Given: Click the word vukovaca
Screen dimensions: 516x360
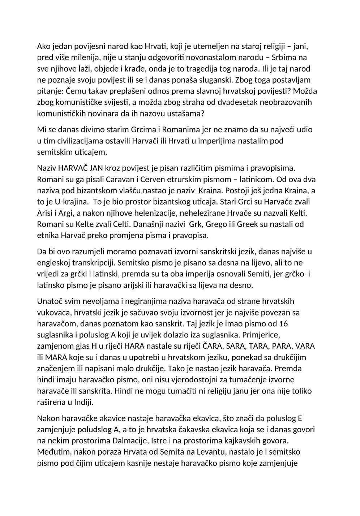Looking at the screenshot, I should pos(53,312).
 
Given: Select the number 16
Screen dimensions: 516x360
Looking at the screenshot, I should pos(284,323).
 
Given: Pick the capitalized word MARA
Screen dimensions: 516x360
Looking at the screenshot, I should pos(55,357).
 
